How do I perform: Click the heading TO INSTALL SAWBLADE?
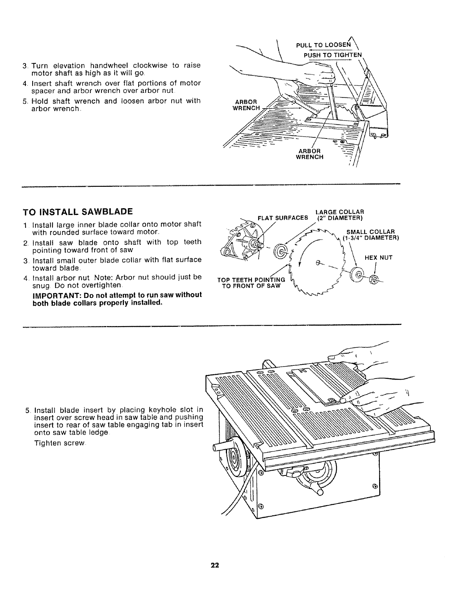coord(78,212)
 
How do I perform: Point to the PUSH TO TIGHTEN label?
coord(333,55)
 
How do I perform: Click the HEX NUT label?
coord(378,258)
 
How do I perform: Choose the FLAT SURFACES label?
coord(283,218)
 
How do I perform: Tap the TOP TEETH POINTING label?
coord(251,280)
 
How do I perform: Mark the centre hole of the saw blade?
coord(318,262)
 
